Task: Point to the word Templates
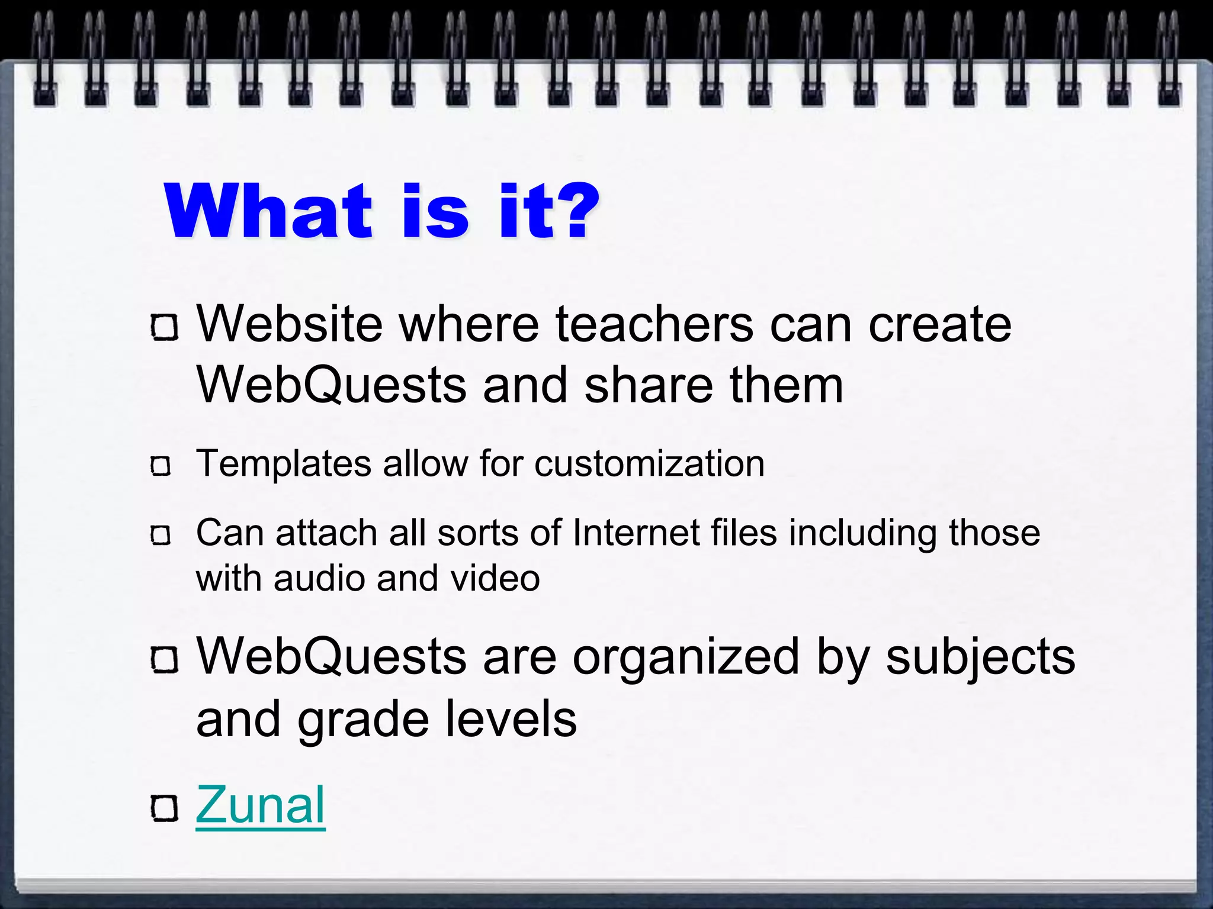[284, 463]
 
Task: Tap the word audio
[319, 578]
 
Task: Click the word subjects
[980, 658]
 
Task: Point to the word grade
[362, 721]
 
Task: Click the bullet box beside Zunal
[164, 808]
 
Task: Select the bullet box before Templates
[161, 466]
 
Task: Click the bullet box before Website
[164, 327]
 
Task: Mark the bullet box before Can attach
[161, 536]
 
